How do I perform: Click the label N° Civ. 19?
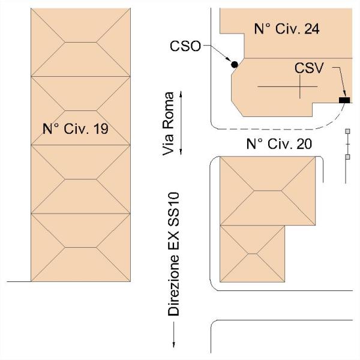[x=75, y=128]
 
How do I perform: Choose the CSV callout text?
[x=308, y=68]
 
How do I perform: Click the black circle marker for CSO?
[x=234, y=64]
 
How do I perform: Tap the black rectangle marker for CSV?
[x=344, y=100]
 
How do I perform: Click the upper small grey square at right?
[x=347, y=131]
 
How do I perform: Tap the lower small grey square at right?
[x=347, y=157]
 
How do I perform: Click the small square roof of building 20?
[x=252, y=253]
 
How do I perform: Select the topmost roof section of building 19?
[x=80, y=43]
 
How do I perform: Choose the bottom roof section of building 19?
[x=80, y=248]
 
